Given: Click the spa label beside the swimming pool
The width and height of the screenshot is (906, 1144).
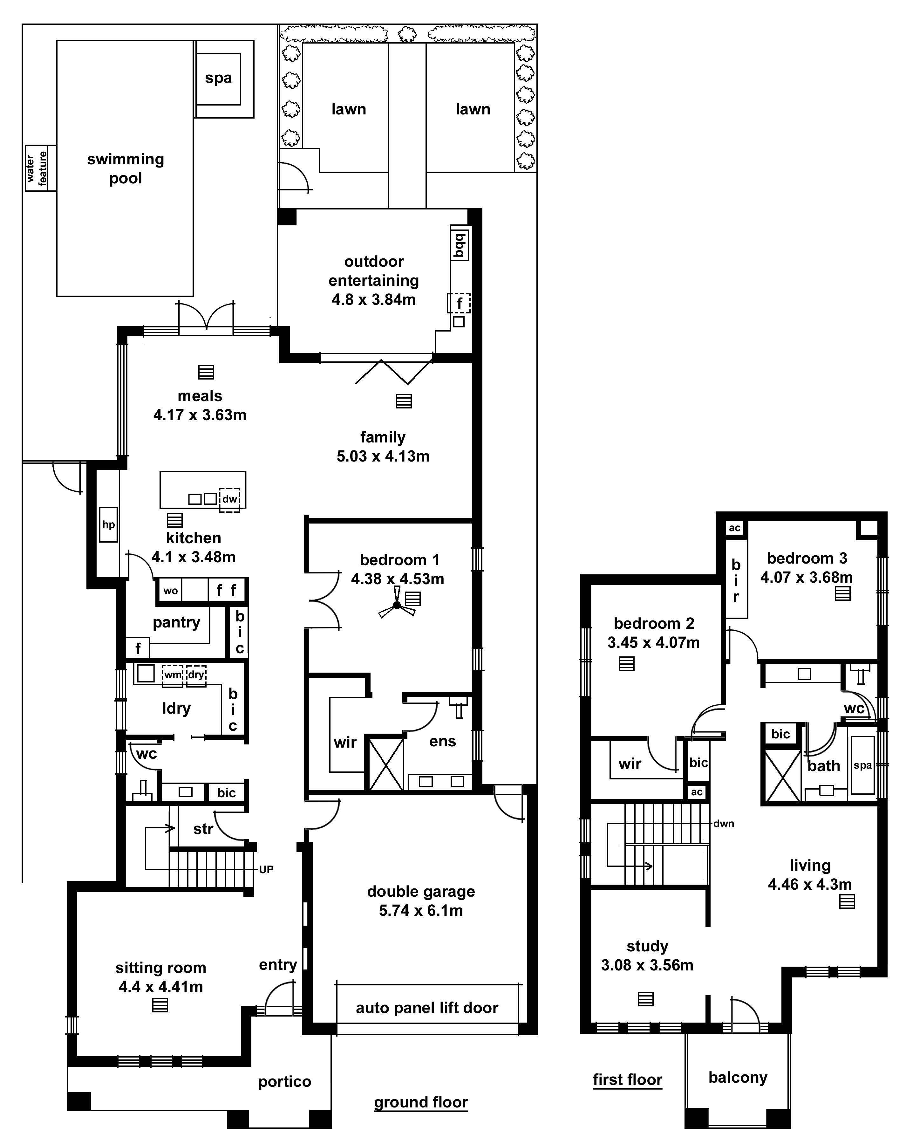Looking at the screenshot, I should (218, 79).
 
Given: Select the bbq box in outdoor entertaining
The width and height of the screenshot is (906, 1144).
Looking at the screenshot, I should (460, 245).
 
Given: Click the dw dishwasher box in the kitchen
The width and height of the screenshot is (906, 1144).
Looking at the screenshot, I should (230, 499).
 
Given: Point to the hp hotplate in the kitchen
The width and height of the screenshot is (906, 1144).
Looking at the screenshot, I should (108, 525).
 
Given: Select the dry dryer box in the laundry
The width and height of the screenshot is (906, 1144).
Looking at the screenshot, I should (196, 675).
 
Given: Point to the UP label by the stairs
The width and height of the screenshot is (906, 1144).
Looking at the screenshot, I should (266, 870).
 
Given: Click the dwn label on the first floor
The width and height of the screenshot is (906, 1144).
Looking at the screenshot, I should (724, 824).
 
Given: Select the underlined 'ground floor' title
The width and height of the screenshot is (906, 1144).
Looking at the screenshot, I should (421, 1103).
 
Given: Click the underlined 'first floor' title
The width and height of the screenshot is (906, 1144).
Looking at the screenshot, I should (628, 1080).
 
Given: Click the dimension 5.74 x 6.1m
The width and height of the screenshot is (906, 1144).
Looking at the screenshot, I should (421, 911).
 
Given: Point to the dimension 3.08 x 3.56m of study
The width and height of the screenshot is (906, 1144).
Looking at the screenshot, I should (647, 965).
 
